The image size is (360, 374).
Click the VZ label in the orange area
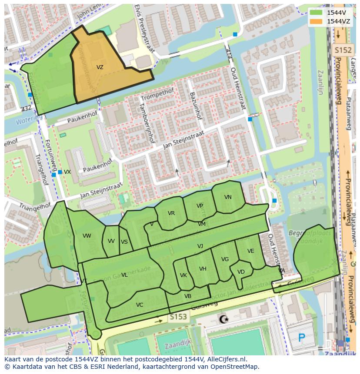coord(100,67)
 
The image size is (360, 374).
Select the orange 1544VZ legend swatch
coord(317,21)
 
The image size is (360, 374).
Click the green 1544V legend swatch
coord(317,13)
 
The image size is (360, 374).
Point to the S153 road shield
coord(178,317)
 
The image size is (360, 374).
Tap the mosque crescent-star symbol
coord(224,320)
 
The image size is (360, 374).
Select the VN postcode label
coord(228,197)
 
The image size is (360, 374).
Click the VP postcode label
coord(200,206)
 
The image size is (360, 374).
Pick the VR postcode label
coord(171,213)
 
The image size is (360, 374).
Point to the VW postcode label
coord(87,236)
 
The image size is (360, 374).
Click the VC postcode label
coord(139,305)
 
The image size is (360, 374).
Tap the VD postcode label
coord(241,272)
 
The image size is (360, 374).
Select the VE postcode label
coord(250,251)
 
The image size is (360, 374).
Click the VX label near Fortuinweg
coord(67,172)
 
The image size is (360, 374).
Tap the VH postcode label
coord(203,269)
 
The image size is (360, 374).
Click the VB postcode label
coord(188,296)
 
